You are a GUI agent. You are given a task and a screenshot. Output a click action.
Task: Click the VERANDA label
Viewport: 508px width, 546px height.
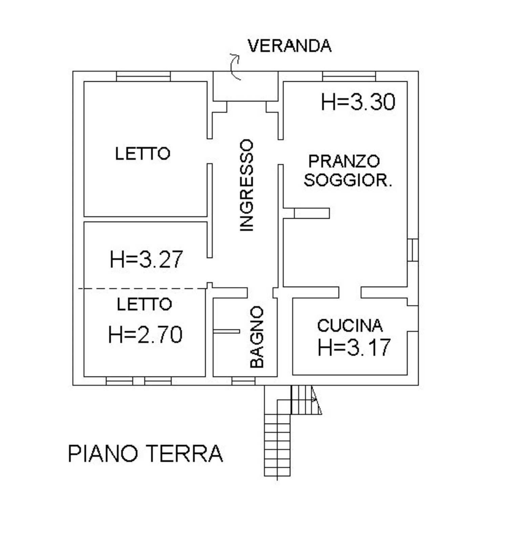click(x=289, y=46)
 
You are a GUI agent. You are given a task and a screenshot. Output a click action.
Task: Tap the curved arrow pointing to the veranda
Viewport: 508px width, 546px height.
click(x=235, y=66)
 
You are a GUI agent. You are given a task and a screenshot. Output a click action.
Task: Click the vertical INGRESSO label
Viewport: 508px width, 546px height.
click(x=247, y=185)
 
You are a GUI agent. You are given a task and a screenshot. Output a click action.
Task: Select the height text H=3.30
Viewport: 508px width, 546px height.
click(x=358, y=102)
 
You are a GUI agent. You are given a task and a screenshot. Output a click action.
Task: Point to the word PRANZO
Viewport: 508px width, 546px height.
click(x=344, y=161)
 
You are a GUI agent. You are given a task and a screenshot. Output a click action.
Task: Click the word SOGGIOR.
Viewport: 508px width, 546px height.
click(x=347, y=180)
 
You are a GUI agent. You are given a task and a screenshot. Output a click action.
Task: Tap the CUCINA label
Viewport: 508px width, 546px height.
click(x=350, y=326)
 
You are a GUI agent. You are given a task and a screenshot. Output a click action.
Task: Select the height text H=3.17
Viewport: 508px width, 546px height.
click(x=354, y=347)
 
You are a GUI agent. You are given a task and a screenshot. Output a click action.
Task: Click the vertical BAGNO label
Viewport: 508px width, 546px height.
click(x=257, y=337)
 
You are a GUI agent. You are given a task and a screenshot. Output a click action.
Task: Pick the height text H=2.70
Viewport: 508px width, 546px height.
click(x=145, y=335)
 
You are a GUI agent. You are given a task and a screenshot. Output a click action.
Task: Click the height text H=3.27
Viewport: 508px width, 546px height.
click(x=146, y=259)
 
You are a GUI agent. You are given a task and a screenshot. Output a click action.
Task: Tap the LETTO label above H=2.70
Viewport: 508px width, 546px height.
click(x=144, y=304)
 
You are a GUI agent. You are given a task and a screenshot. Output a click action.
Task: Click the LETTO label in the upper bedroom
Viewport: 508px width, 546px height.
click(x=143, y=154)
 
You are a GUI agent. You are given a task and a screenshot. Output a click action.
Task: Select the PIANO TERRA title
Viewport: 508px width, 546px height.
click(x=146, y=454)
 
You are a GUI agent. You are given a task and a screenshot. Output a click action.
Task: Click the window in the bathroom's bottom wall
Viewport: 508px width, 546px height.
click(x=243, y=381)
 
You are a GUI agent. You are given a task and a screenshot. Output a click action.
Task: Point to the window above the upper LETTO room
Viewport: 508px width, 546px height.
click(x=143, y=76)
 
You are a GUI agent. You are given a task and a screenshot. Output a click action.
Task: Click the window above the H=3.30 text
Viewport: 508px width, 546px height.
click(x=349, y=76)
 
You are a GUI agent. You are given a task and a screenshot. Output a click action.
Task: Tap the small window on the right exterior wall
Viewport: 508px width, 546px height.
click(x=412, y=250)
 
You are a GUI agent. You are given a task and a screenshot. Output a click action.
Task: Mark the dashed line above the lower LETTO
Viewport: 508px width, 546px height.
click(x=142, y=289)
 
